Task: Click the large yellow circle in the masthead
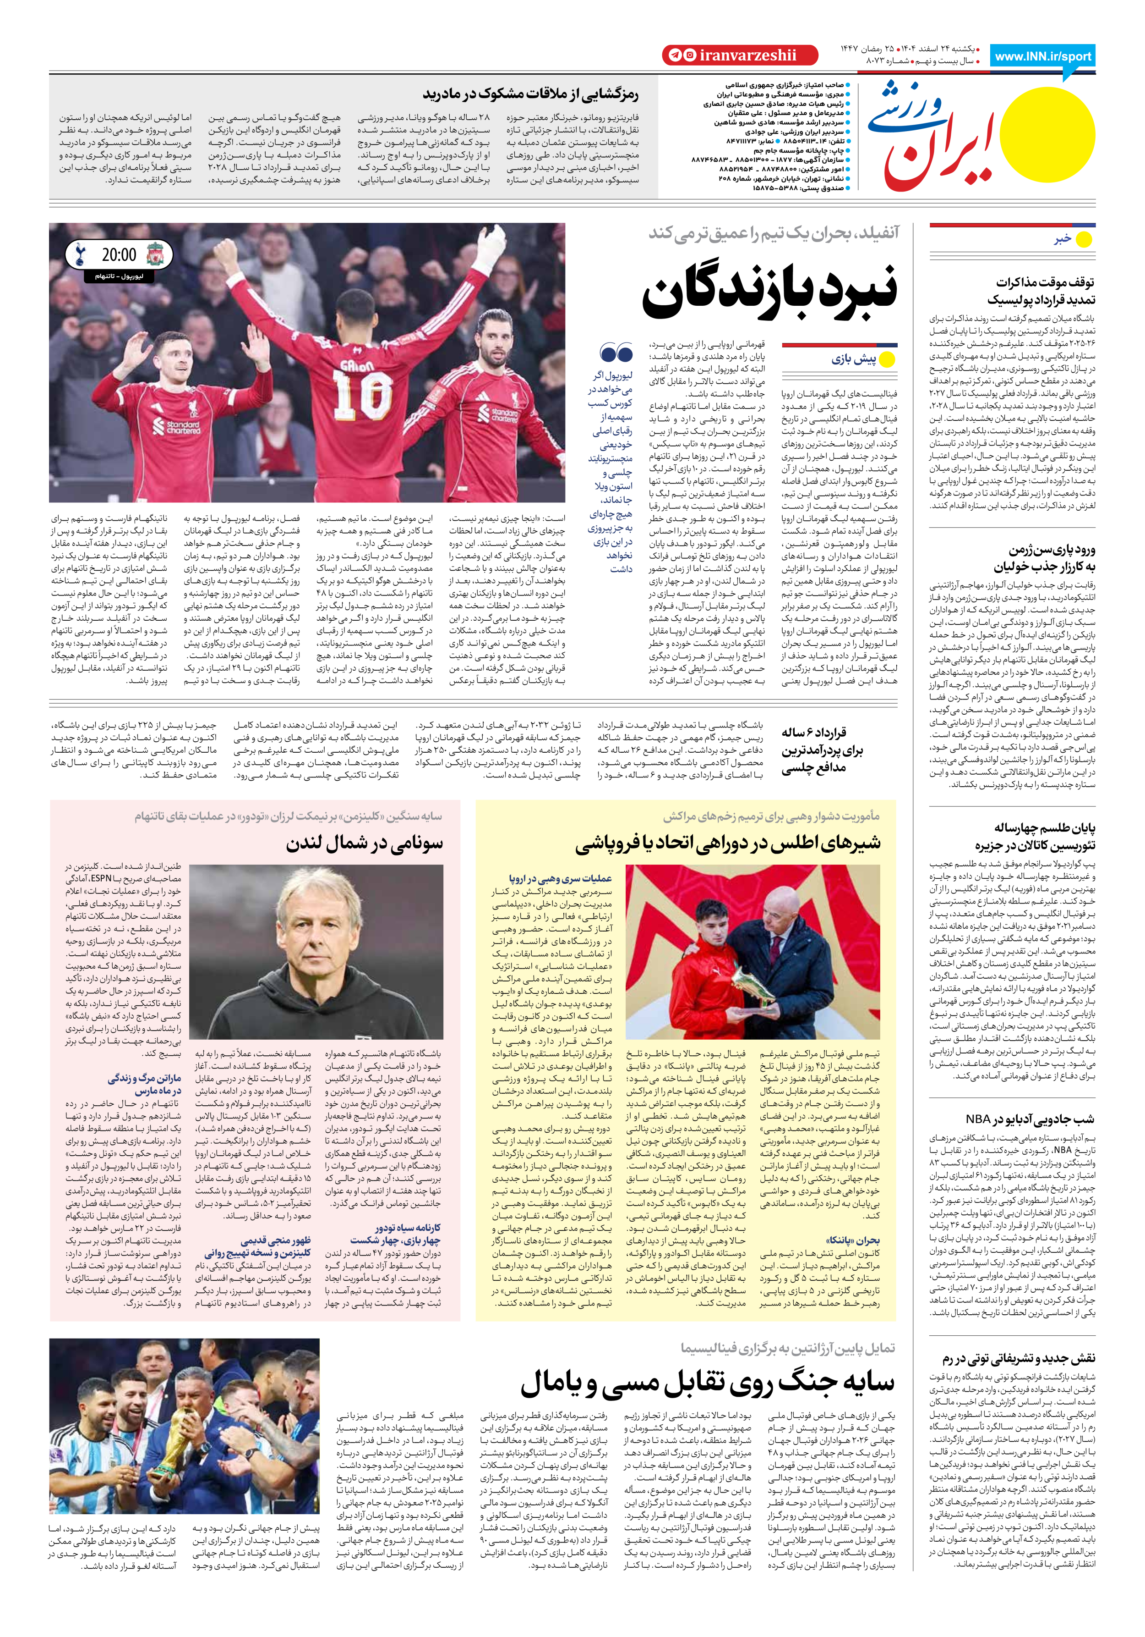(1046, 132)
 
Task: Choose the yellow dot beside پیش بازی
(887, 360)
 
